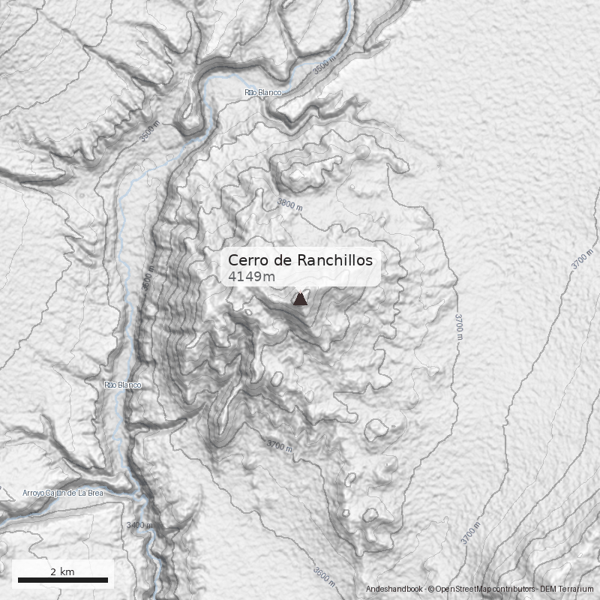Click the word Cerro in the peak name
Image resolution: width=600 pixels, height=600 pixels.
pyautogui.click(x=245, y=260)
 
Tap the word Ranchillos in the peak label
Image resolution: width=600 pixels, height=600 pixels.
pyautogui.click(x=335, y=260)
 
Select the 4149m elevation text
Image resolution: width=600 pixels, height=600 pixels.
pyautogui.click(x=251, y=277)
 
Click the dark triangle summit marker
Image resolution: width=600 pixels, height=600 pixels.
pyautogui.click(x=300, y=298)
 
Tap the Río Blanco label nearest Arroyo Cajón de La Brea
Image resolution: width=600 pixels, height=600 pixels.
pyautogui.click(x=122, y=385)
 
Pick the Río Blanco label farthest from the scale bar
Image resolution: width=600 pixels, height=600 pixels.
pyautogui.click(x=262, y=92)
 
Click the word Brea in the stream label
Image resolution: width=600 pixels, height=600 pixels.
pyautogui.click(x=94, y=493)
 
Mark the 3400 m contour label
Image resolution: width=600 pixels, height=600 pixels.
pyautogui.click(x=139, y=525)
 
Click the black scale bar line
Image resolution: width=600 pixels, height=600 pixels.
pyautogui.click(x=62, y=580)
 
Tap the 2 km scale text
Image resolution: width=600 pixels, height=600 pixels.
pyautogui.click(x=62, y=571)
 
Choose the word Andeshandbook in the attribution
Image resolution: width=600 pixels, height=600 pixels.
pyautogui.click(x=394, y=589)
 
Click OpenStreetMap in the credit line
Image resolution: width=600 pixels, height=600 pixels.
pyautogui.click(x=465, y=589)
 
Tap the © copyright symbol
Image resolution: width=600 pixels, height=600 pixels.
pyautogui.click(x=431, y=589)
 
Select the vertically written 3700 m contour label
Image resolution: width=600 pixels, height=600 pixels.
pyautogui.click(x=458, y=327)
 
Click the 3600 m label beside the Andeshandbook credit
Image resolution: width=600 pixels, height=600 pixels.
pyautogui.click(x=324, y=576)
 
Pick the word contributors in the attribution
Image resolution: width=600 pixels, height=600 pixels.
pyautogui.click(x=515, y=589)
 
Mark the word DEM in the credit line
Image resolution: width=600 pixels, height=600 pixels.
pyautogui.click(x=550, y=589)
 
